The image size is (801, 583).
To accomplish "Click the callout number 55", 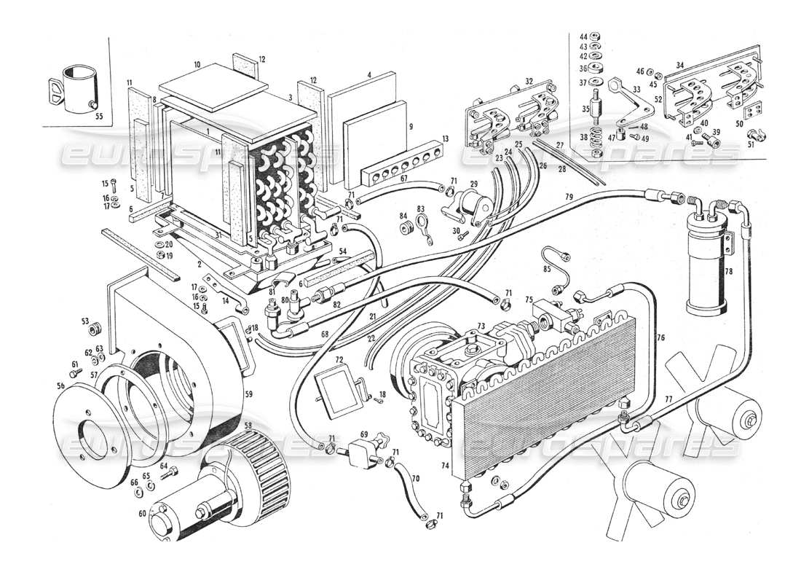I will [x=99, y=115].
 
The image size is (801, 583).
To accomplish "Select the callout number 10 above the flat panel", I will [x=197, y=65].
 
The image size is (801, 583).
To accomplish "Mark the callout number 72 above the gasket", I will [x=339, y=360].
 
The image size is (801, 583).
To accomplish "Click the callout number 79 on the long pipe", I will [x=569, y=197].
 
